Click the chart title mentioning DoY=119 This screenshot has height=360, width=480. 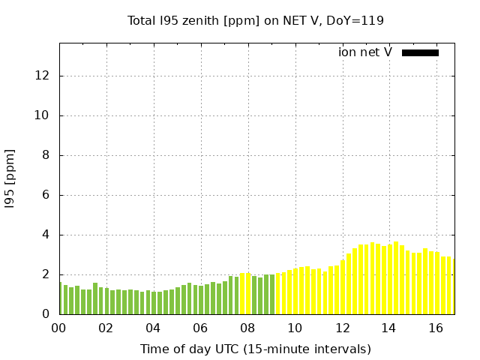(x=255, y=20)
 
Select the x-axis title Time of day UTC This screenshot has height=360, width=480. (x=255, y=349)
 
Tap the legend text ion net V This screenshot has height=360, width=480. (x=365, y=52)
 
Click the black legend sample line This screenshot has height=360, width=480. (x=420, y=52)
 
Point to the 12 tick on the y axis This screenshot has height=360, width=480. (x=43, y=76)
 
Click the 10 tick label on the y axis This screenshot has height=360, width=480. (x=43, y=115)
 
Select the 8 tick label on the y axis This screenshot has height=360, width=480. (x=46, y=155)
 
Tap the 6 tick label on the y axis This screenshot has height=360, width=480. (x=46, y=195)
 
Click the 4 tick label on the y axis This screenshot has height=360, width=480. (x=46, y=235)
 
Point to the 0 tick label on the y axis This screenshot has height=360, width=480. (x=46, y=314)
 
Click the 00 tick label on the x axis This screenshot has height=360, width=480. (x=58, y=328)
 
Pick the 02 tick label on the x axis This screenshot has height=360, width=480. (x=106, y=328)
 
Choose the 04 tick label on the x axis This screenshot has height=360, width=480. (x=153, y=328)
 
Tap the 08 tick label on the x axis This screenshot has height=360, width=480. (x=247, y=328)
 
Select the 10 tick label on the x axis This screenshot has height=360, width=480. (x=295, y=328)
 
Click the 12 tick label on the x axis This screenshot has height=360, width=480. (x=342, y=328)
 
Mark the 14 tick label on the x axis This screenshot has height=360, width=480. (x=388, y=328)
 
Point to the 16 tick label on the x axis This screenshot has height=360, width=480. (x=436, y=328)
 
